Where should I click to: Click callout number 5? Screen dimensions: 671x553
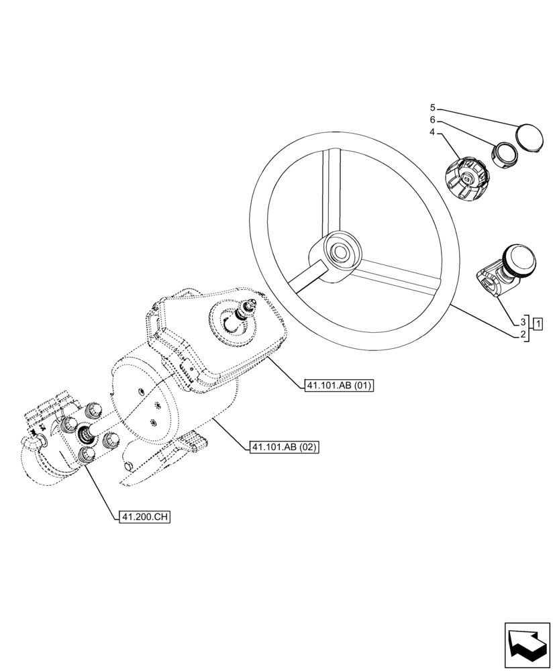coord(433,107)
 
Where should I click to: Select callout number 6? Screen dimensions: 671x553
coord(433,119)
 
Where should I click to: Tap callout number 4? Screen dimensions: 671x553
coord(433,132)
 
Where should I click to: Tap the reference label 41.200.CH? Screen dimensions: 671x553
coord(143,517)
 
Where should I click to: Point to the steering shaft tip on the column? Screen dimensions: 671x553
coord(253,306)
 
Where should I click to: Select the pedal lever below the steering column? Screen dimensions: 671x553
coord(192,441)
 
